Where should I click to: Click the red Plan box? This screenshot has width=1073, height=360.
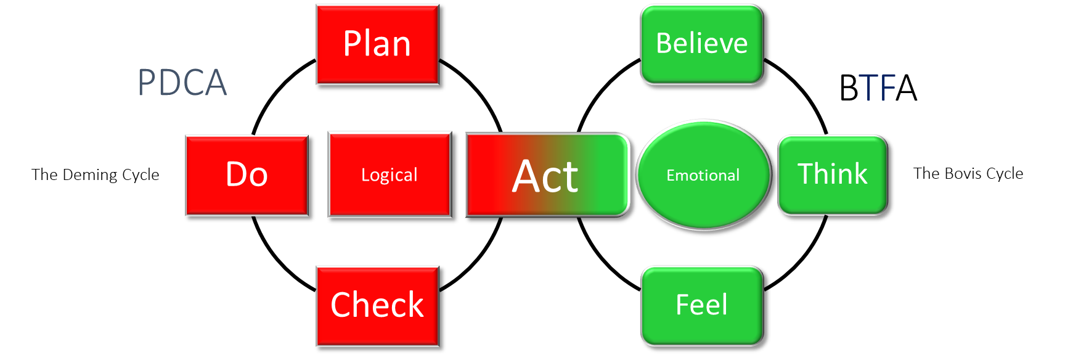377,44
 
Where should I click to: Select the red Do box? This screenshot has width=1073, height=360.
247,175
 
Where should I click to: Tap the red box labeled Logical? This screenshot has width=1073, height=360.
390,175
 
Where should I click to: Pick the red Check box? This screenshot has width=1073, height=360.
377,306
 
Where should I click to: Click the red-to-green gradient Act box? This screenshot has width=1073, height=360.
547,175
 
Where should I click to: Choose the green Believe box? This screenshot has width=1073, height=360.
701,44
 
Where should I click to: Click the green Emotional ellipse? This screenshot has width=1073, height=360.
703,175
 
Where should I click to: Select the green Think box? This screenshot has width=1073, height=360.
832,175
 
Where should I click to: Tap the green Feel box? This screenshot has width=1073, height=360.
701,306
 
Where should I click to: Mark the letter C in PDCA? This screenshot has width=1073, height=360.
194,83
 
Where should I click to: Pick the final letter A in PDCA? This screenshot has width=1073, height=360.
216,83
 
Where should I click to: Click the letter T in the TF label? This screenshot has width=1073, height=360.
868,88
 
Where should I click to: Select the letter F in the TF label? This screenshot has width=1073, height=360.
888,88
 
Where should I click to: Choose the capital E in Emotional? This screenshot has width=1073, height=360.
671,176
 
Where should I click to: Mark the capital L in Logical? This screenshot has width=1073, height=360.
365,175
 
